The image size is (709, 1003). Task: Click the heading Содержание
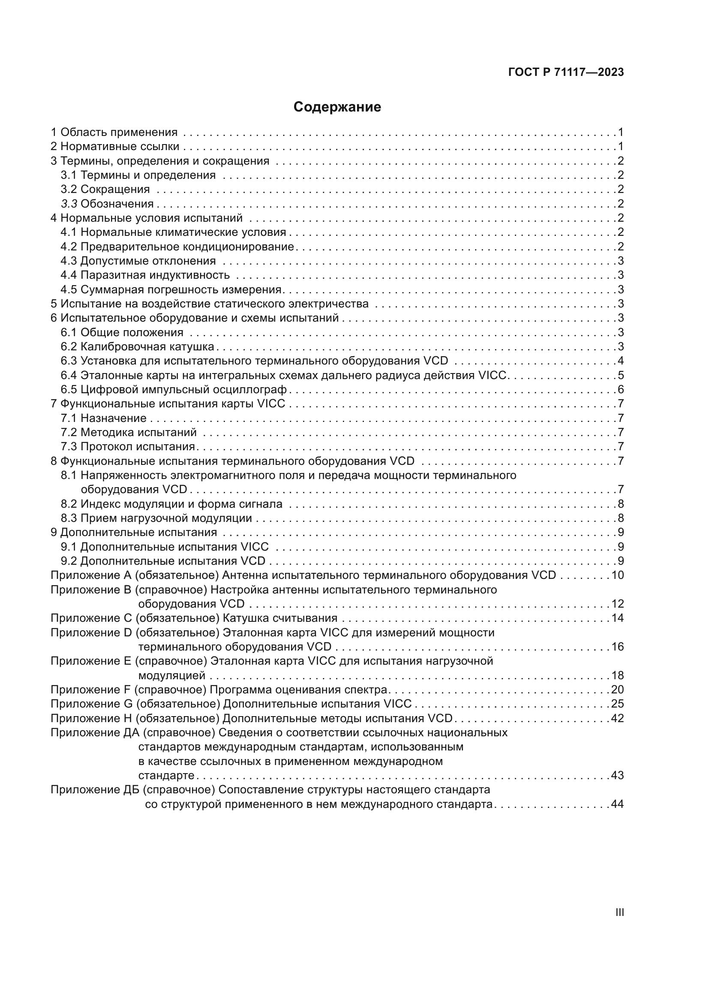click(x=337, y=107)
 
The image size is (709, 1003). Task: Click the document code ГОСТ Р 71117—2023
click(x=566, y=72)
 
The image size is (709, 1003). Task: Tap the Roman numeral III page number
click(x=619, y=913)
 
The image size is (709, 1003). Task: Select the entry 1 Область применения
click(x=114, y=132)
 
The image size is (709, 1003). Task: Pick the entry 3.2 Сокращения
click(x=105, y=189)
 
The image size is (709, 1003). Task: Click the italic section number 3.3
click(x=69, y=204)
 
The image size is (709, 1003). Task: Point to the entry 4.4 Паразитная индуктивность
click(x=145, y=275)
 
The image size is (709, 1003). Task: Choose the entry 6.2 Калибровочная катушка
click(x=138, y=346)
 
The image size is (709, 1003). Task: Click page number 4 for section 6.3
click(x=620, y=361)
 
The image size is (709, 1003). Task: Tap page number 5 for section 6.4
click(x=620, y=375)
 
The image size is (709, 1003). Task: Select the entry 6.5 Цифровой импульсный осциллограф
click(x=173, y=389)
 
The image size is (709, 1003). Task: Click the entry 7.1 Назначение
click(x=103, y=418)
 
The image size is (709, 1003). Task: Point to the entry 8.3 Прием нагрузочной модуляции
click(x=156, y=518)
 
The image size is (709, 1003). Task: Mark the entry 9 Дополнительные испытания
click(x=134, y=532)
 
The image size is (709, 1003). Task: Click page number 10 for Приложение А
click(x=617, y=575)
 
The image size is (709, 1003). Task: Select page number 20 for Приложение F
click(x=617, y=690)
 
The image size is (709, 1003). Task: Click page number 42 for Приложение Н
click(x=617, y=718)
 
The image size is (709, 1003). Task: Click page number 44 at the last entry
click(x=617, y=804)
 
